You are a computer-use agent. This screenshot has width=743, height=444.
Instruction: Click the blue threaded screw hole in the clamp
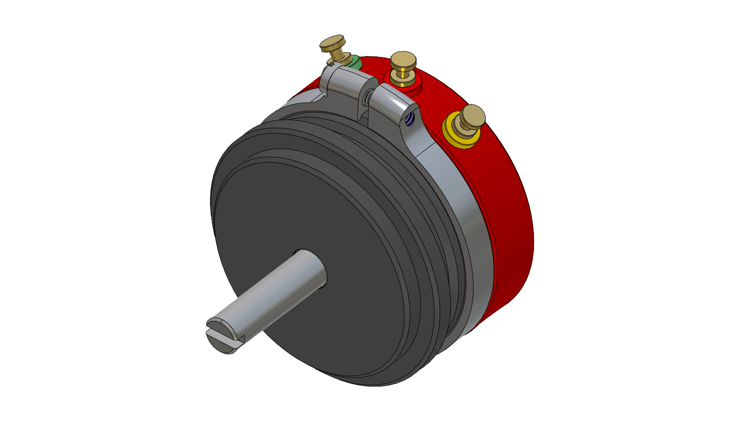411,122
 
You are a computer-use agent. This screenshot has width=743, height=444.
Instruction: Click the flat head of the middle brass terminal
403,59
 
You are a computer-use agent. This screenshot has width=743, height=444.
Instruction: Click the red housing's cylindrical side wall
508,214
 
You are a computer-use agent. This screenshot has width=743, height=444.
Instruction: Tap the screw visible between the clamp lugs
368,97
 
